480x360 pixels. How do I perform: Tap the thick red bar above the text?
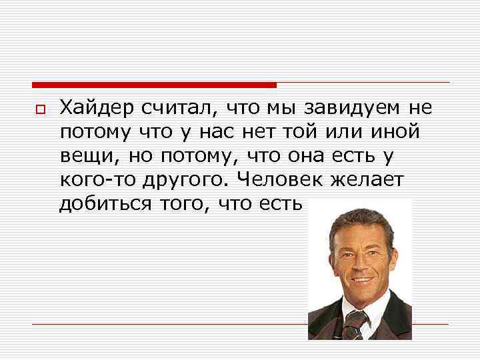pos(153,85)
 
